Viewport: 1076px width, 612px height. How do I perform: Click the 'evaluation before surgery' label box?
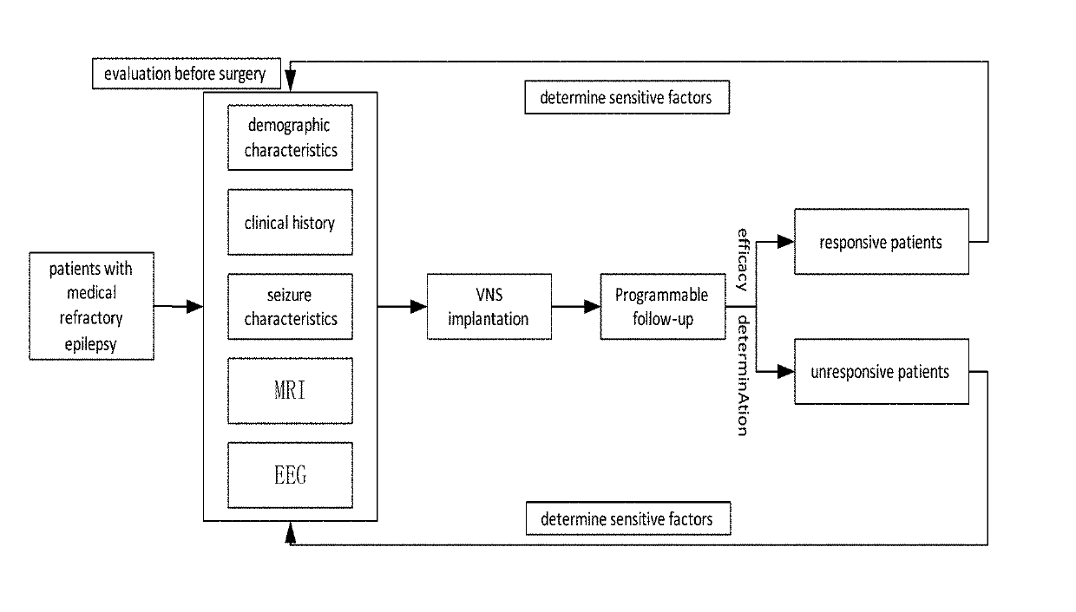(x=187, y=74)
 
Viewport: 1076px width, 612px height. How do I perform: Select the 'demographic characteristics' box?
(x=290, y=137)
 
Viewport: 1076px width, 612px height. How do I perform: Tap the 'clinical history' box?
(x=290, y=222)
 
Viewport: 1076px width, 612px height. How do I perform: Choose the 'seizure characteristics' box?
(x=290, y=306)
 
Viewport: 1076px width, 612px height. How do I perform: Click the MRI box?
(x=290, y=390)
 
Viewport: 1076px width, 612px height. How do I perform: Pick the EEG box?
(x=290, y=475)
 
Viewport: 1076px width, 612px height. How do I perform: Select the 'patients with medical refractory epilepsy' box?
(x=91, y=306)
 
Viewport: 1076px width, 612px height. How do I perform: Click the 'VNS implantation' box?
(x=489, y=306)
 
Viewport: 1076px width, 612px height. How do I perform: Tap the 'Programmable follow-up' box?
(x=662, y=306)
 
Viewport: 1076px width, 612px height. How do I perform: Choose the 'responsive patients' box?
(x=882, y=242)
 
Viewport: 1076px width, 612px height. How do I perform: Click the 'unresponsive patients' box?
(x=882, y=372)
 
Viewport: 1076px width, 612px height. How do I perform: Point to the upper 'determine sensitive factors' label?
(x=627, y=97)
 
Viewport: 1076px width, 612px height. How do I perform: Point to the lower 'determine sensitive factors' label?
(x=628, y=518)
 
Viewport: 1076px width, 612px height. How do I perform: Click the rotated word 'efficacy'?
(x=743, y=260)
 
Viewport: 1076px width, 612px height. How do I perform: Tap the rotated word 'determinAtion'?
(x=743, y=375)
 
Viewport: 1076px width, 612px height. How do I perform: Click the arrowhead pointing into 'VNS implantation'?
(x=418, y=306)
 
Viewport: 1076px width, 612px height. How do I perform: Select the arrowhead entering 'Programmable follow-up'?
(x=592, y=306)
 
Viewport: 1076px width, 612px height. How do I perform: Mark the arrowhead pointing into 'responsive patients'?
(x=786, y=242)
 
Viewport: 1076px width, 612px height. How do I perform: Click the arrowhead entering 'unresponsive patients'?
(x=786, y=372)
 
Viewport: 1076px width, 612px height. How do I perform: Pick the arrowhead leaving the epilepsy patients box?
(x=194, y=306)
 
